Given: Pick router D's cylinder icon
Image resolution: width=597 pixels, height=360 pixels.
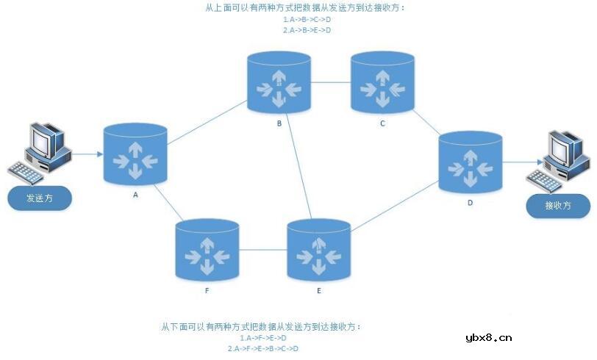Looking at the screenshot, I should click(471, 164).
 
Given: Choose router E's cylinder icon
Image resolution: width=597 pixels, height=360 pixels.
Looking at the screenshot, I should click(318, 251).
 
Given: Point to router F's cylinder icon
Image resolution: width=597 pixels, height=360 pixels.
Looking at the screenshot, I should click(207, 251).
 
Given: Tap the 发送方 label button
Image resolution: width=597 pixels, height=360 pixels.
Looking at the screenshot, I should click(40, 198).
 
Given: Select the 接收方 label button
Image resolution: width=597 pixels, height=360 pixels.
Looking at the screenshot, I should click(558, 206).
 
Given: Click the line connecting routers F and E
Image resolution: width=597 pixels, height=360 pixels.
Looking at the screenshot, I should click(262, 251).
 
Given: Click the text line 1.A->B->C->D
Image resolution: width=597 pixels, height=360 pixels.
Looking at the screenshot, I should click(307, 20).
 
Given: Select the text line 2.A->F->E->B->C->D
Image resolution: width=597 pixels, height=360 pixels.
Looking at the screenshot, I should click(262, 348).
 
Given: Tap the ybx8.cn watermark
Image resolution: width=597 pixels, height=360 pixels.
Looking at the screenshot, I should click(488, 339).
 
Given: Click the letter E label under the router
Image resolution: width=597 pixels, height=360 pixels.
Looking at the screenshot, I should click(318, 291).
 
